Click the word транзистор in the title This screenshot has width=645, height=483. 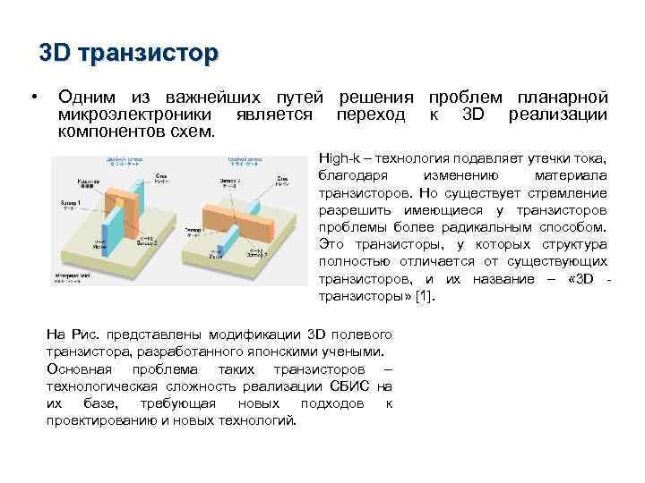click(148, 55)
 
